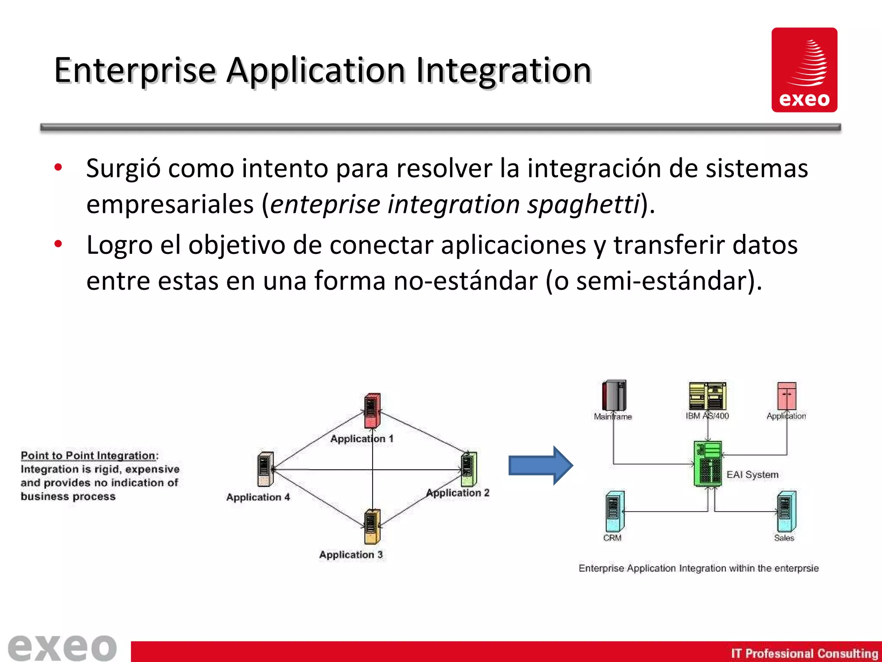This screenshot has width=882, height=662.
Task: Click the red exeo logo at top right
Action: pyautogui.click(x=804, y=70)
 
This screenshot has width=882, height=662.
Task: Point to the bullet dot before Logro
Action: pyautogui.click(x=58, y=244)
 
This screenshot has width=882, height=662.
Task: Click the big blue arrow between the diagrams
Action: pyautogui.click(x=540, y=465)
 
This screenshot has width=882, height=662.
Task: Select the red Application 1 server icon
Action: pyautogui.click(x=372, y=410)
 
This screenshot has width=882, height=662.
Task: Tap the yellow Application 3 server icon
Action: pyautogui.click(x=372, y=526)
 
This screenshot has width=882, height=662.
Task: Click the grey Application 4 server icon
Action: pyautogui.click(x=265, y=469)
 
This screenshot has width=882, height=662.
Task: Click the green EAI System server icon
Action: pyautogui.click(x=708, y=464)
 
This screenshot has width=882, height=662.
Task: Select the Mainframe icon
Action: pyautogui.click(x=614, y=395)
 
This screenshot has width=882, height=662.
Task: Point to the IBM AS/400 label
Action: pyautogui.click(x=707, y=416)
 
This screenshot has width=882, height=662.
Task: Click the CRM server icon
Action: pyautogui.click(x=614, y=511)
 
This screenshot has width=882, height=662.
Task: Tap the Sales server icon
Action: pyautogui.click(x=786, y=511)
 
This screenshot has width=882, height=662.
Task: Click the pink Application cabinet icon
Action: pyautogui.click(x=786, y=396)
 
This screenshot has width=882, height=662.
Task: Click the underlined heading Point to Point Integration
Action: pyautogui.click(x=89, y=456)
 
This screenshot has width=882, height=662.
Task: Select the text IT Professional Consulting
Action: pyautogui.click(x=804, y=653)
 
